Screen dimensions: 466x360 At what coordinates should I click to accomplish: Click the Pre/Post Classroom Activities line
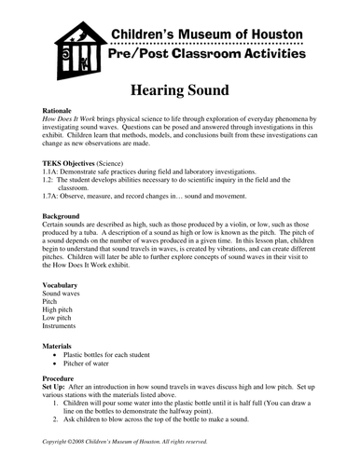(207, 57)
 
